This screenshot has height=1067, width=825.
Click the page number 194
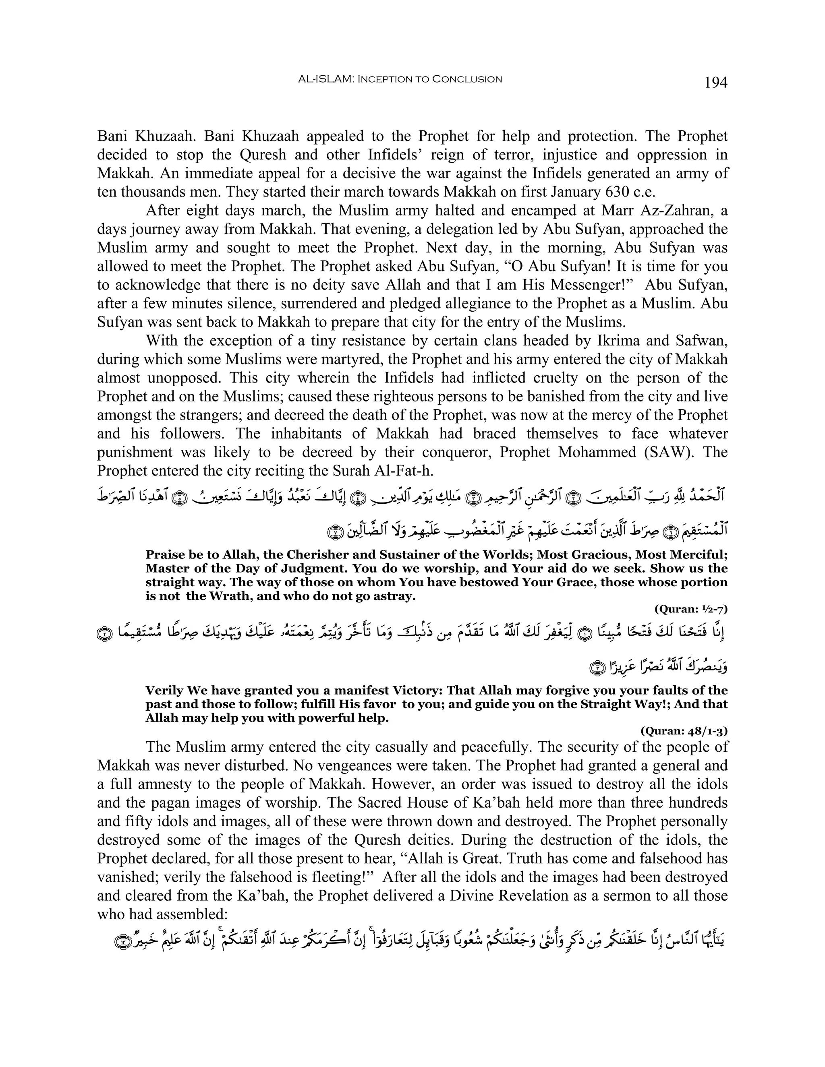tap(715, 82)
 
